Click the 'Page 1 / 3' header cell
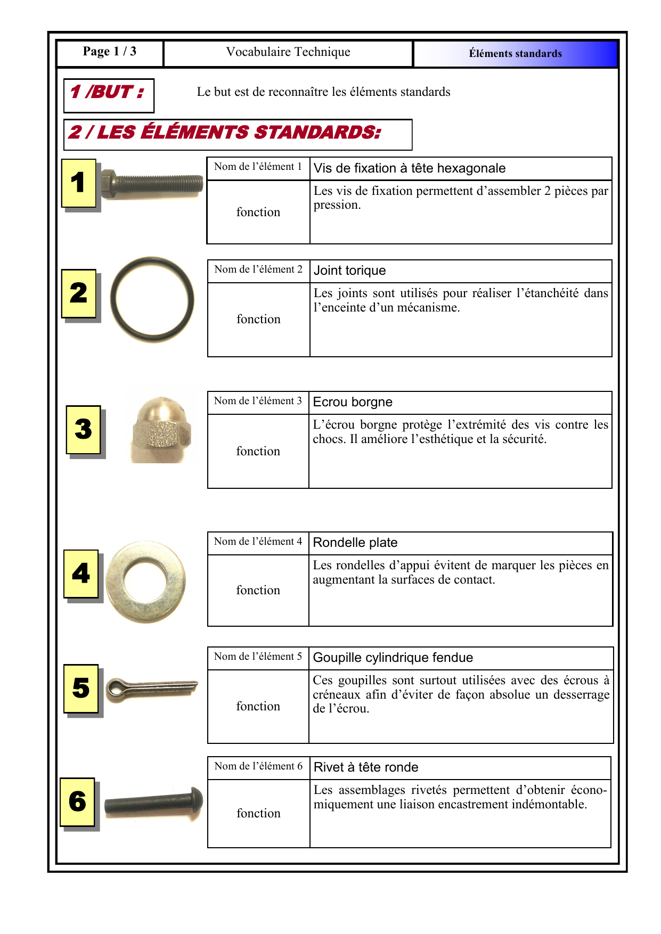(110, 52)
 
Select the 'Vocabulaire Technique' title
(288, 52)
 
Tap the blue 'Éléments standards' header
(515, 54)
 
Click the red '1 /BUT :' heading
(107, 92)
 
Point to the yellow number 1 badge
(79, 183)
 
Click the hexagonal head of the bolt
(109, 184)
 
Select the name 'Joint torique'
(350, 271)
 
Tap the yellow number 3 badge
(83, 429)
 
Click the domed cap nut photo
(159, 429)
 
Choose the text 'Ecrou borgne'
(353, 402)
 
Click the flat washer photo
(146, 581)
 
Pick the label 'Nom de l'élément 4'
(258, 542)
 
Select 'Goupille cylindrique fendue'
(393, 658)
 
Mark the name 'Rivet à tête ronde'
(366, 767)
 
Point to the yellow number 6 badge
(78, 801)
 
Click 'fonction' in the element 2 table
(258, 319)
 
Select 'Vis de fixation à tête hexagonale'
(410, 168)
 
